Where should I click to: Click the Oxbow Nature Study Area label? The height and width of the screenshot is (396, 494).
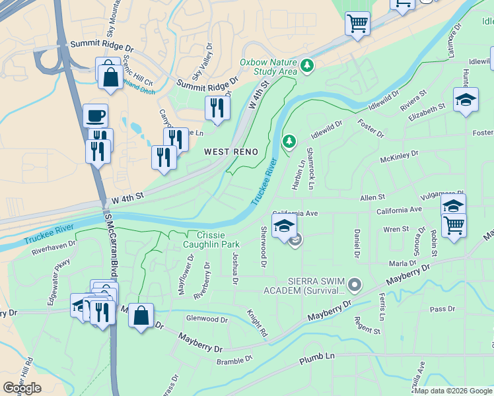click(268, 66)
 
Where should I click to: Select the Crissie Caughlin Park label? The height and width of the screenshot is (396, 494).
click(211, 240)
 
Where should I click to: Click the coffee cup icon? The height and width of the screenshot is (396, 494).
click(96, 115)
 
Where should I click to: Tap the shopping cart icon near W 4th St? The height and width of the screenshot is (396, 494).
click(357, 23)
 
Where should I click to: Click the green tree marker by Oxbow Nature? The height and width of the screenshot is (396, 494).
click(306, 65)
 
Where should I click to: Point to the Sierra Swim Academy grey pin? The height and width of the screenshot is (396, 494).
click(355, 285)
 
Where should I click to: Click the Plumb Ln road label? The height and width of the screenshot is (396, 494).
click(317, 360)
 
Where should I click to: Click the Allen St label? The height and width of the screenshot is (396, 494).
click(372, 197)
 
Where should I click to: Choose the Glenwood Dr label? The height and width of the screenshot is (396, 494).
click(207, 319)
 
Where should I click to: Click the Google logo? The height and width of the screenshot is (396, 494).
click(22, 388)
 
